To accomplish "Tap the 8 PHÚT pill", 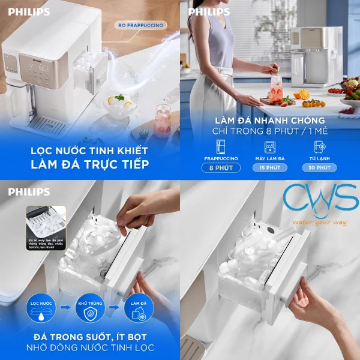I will click(x=222, y=168).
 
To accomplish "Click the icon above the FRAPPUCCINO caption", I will click(x=221, y=147).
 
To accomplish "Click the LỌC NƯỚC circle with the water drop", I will click(x=40, y=308).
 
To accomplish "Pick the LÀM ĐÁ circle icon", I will click(x=136, y=308).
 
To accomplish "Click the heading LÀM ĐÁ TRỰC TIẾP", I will click(x=90, y=164).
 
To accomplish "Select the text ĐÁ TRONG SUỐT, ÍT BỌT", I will click(x=90, y=337).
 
